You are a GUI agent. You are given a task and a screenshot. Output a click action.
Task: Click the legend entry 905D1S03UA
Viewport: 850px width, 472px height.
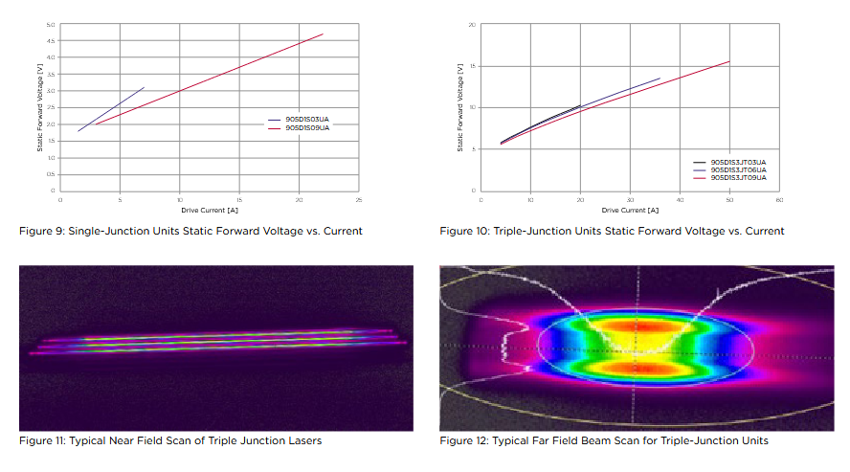click(307, 120)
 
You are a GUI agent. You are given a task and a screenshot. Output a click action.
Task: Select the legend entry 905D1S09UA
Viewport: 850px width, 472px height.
click(307, 127)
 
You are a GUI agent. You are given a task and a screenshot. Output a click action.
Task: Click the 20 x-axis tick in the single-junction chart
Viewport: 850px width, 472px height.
click(299, 199)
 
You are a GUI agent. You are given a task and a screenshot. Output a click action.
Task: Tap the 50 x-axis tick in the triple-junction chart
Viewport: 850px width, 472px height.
click(729, 199)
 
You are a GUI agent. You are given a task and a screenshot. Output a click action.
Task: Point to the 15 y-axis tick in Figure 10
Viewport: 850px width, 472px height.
click(473, 66)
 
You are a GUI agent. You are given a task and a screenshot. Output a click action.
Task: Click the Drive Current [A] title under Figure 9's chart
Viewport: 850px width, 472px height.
click(209, 209)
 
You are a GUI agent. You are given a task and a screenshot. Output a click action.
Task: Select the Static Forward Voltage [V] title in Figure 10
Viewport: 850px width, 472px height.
click(460, 107)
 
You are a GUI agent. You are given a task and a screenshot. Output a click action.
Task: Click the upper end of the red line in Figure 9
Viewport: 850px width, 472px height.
click(323, 34)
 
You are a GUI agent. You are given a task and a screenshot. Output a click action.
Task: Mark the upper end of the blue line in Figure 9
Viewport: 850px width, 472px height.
click(144, 87)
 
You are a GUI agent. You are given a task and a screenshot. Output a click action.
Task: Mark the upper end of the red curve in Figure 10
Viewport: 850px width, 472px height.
click(729, 61)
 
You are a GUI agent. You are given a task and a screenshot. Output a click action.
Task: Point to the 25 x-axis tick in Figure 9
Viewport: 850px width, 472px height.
click(358, 199)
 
